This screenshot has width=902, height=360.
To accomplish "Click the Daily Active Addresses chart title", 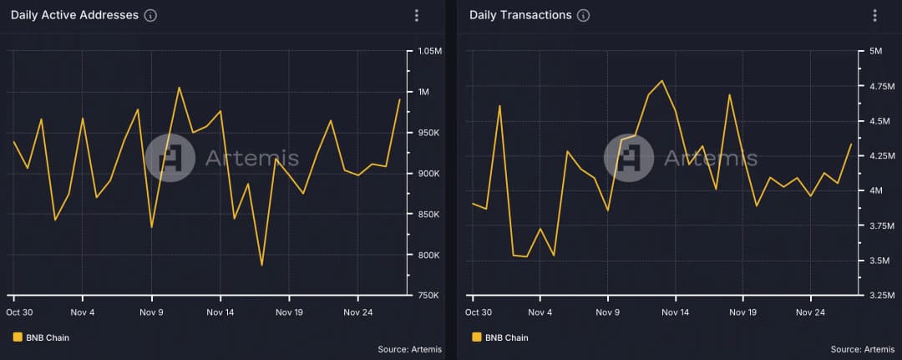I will (x=74, y=15).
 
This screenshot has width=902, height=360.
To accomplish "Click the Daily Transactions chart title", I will (x=520, y=15).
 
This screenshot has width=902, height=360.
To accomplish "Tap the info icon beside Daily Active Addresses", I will (x=150, y=16).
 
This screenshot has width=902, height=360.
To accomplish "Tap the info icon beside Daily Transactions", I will (x=583, y=16).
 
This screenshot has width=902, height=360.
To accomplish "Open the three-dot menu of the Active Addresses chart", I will (x=417, y=16).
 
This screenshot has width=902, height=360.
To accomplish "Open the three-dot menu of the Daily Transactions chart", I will (x=874, y=16).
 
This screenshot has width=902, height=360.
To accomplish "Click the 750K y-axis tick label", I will (x=428, y=296).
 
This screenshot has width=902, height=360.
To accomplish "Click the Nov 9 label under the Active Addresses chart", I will (x=151, y=312).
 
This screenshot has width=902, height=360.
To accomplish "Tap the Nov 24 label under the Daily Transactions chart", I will (x=810, y=312).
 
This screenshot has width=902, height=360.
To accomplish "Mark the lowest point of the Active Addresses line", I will (x=261, y=266).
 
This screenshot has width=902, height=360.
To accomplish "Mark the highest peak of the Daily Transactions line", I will (x=661, y=81).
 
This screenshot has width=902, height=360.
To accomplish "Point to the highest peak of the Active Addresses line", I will (x=179, y=87).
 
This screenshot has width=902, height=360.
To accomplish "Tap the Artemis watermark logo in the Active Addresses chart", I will (x=170, y=158).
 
